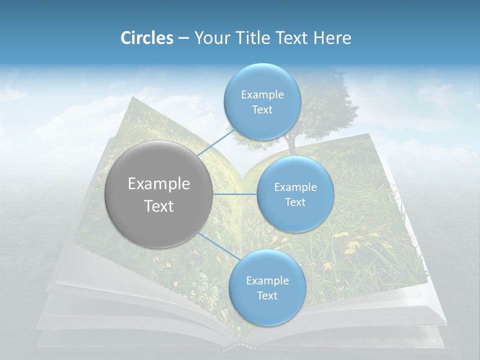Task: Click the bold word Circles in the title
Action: point(146,38)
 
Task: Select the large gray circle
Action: point(158,194)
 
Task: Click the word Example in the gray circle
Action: point(159,183)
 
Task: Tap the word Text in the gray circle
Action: point(159,206)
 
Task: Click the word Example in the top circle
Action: point(262,95)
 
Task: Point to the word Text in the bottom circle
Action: point(267,296)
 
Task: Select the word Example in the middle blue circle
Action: point(295,187)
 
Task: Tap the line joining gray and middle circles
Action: point(234,194)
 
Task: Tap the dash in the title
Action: point(183,38)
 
